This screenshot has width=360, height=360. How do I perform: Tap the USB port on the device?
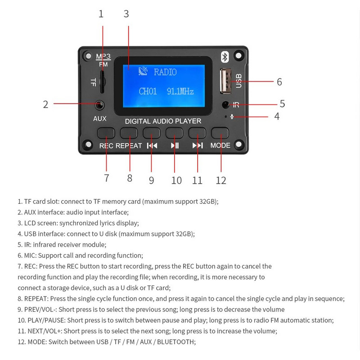tap(225, 81)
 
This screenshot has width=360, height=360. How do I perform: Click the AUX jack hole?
tap(100, 105)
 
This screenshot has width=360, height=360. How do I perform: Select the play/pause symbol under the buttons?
tap(175, 145)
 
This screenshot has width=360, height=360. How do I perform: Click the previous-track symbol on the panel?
tap(152, 145)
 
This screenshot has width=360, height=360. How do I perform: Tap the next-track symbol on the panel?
tap(198, 145)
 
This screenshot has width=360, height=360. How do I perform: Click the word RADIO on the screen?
tap(165, 72)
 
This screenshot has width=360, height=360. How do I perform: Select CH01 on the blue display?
tap(148, 91)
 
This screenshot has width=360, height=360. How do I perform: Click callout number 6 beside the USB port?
tap(279, 82)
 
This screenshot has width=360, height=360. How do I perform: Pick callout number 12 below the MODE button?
tap(220, 180)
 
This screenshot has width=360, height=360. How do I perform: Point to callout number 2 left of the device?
tap(45, 104)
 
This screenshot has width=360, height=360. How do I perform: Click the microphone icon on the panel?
tap(232, 117)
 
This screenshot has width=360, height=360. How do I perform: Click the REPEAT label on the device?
tap(129, 146)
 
